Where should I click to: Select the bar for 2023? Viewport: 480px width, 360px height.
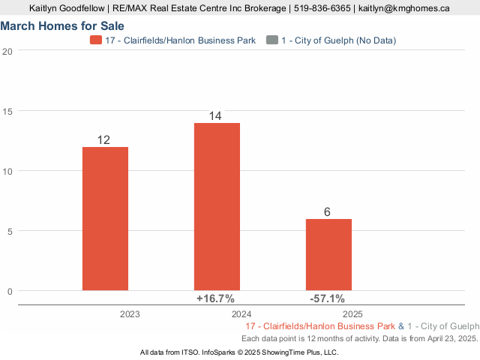105,218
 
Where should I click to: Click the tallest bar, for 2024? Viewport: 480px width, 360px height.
217,206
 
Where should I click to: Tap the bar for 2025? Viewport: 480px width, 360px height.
328,254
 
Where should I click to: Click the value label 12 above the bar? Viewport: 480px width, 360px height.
104,140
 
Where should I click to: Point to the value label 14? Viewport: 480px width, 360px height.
216,116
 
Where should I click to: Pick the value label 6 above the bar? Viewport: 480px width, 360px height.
328,212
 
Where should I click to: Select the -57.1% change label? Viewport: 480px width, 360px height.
328,298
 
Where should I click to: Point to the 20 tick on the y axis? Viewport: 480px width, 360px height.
7,51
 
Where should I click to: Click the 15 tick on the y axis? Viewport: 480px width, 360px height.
7,111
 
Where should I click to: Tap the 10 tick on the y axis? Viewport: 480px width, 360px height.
7,171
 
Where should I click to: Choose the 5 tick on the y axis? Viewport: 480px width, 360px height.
7,231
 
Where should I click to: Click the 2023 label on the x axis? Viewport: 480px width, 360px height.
130,314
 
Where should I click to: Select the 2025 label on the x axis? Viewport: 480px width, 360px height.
353,314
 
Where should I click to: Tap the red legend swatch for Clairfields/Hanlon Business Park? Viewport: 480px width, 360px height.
95,40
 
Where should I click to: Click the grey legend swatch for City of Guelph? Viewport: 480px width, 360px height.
272,40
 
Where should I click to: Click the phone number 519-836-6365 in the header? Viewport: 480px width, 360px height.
322,8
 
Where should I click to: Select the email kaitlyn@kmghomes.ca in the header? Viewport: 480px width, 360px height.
404,8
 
